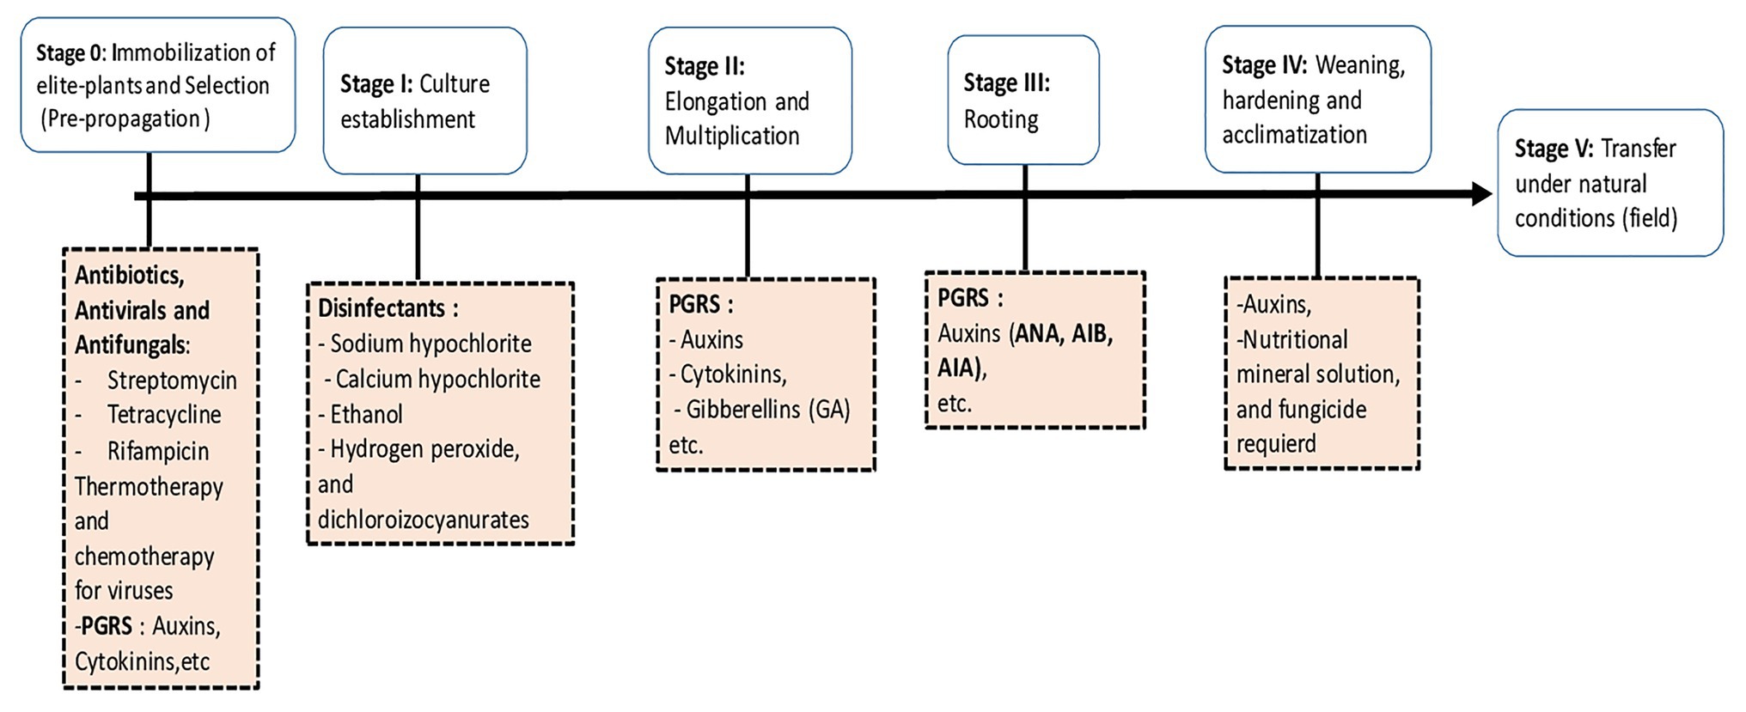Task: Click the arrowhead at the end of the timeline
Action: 1482,194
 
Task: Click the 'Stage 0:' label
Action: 71,53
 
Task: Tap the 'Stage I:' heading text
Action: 376,84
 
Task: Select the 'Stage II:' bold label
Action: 705,66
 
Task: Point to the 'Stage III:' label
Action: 1006,82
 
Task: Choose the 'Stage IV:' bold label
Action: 1265,65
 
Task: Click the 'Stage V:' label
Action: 1554,149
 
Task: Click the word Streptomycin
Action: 172,380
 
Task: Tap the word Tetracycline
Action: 164,415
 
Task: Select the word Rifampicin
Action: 158,451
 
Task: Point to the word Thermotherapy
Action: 149,487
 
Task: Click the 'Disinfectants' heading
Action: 382,308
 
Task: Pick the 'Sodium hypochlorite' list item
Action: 430,344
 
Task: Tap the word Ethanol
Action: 366,415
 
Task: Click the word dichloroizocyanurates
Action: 424,520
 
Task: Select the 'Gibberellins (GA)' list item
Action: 767,410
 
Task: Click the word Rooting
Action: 1001,119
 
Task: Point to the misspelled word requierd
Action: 1276,444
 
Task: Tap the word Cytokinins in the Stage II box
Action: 732,374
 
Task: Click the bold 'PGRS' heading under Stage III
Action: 962,298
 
